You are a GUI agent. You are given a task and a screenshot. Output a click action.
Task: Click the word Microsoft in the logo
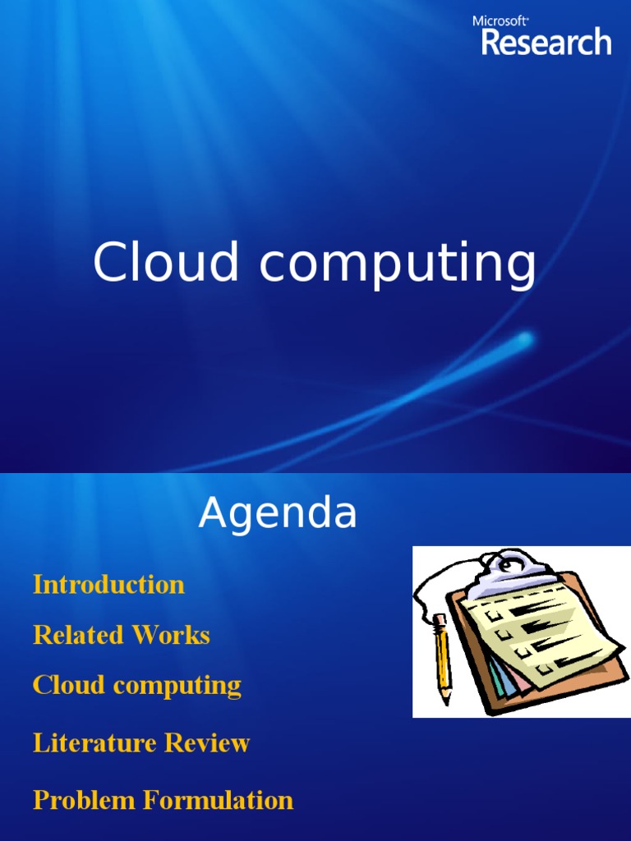point(500,21)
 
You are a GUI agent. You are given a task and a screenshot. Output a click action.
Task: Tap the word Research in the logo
point(546,42)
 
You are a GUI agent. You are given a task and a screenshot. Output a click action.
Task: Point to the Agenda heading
point(278,515)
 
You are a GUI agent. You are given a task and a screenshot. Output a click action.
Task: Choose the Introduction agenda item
point(108,585)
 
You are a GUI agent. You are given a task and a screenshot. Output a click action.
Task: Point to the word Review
point(207,743)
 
